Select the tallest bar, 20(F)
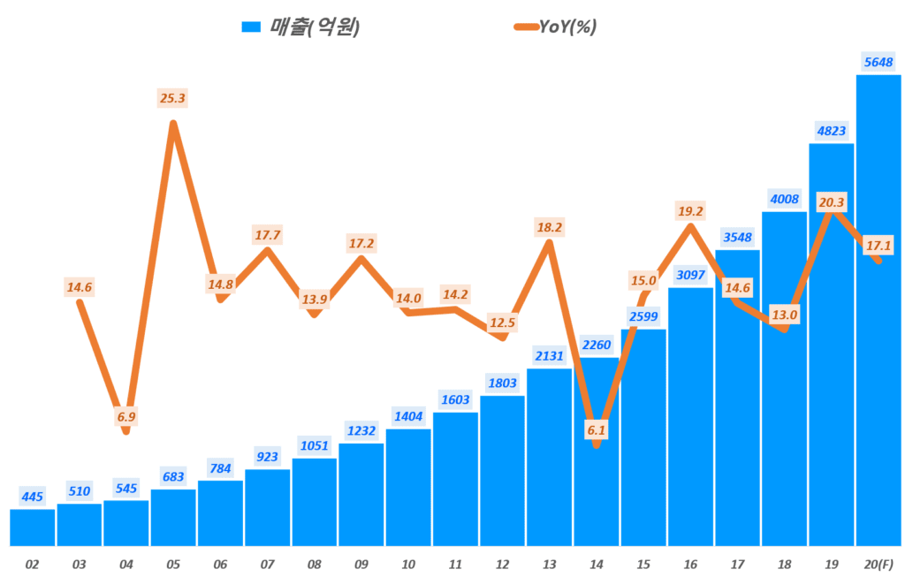(878, 309)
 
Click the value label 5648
(878, 61)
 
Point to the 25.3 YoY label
(174, 97)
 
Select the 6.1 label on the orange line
(597, 429)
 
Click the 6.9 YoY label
(126, 416)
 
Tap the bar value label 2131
(549, 355)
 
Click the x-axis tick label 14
(597, 563)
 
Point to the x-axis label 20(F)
(878, 563)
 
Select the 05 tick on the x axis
(174, 563)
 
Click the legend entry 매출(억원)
(300, 27)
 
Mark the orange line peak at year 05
(174, 124)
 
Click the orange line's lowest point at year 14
(597, 444)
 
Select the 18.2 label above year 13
(549, 227)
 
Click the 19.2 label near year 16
(690, 211)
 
